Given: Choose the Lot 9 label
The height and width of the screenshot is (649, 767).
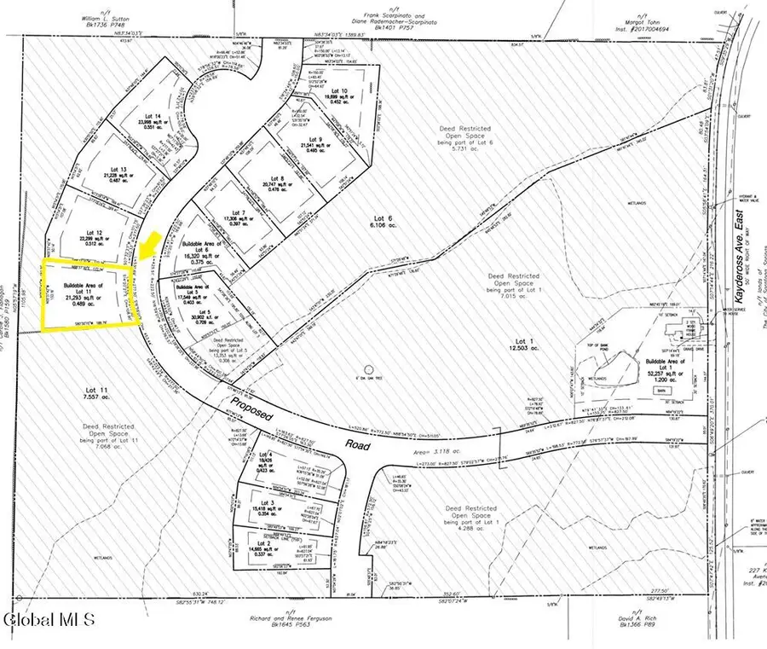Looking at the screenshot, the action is (x=315, y=139).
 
